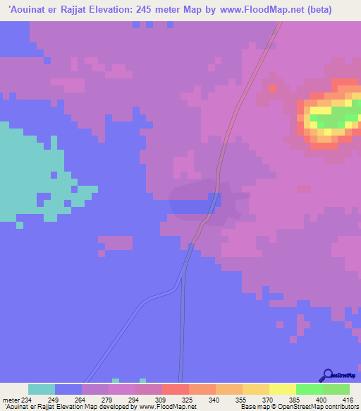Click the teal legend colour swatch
click(42, 389)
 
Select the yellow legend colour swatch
click(283, 389)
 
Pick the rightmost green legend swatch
click(336, 389)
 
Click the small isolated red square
click(273, 90)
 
